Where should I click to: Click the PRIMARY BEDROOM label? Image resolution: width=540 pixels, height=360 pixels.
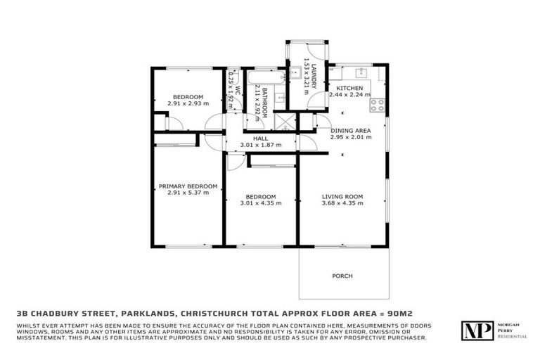[188, 186]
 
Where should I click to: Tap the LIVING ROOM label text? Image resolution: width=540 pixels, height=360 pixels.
[342, 197]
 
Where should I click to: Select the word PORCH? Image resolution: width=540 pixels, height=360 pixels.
[342, 276]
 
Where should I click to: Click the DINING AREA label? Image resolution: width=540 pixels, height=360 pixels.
[350, 130]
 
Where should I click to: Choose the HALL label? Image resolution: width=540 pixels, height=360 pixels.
[260, 139]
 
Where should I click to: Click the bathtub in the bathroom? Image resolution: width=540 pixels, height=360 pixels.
[262, 78]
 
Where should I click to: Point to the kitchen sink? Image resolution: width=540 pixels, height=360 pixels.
[360, 72]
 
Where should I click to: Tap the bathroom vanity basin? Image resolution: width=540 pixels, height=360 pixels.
[279, 98]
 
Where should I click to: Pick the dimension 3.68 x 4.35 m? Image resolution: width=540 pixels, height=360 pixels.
[342, 203]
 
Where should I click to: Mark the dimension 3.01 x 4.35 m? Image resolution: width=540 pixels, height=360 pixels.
[260, 203]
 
